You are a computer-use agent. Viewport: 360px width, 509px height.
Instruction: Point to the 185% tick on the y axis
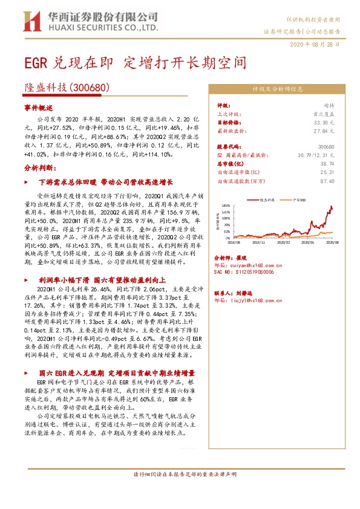point(226,206)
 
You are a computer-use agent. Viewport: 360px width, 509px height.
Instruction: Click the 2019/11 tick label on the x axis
point(259,241)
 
